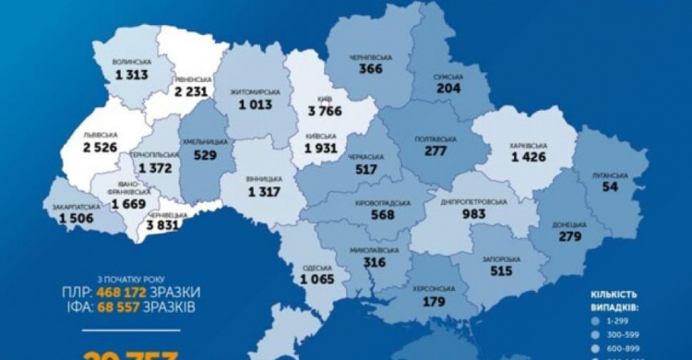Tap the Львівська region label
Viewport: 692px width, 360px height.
coord(100,132)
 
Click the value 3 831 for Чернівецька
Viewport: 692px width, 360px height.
coord(171,226)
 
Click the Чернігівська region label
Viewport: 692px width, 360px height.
coord(373,58)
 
